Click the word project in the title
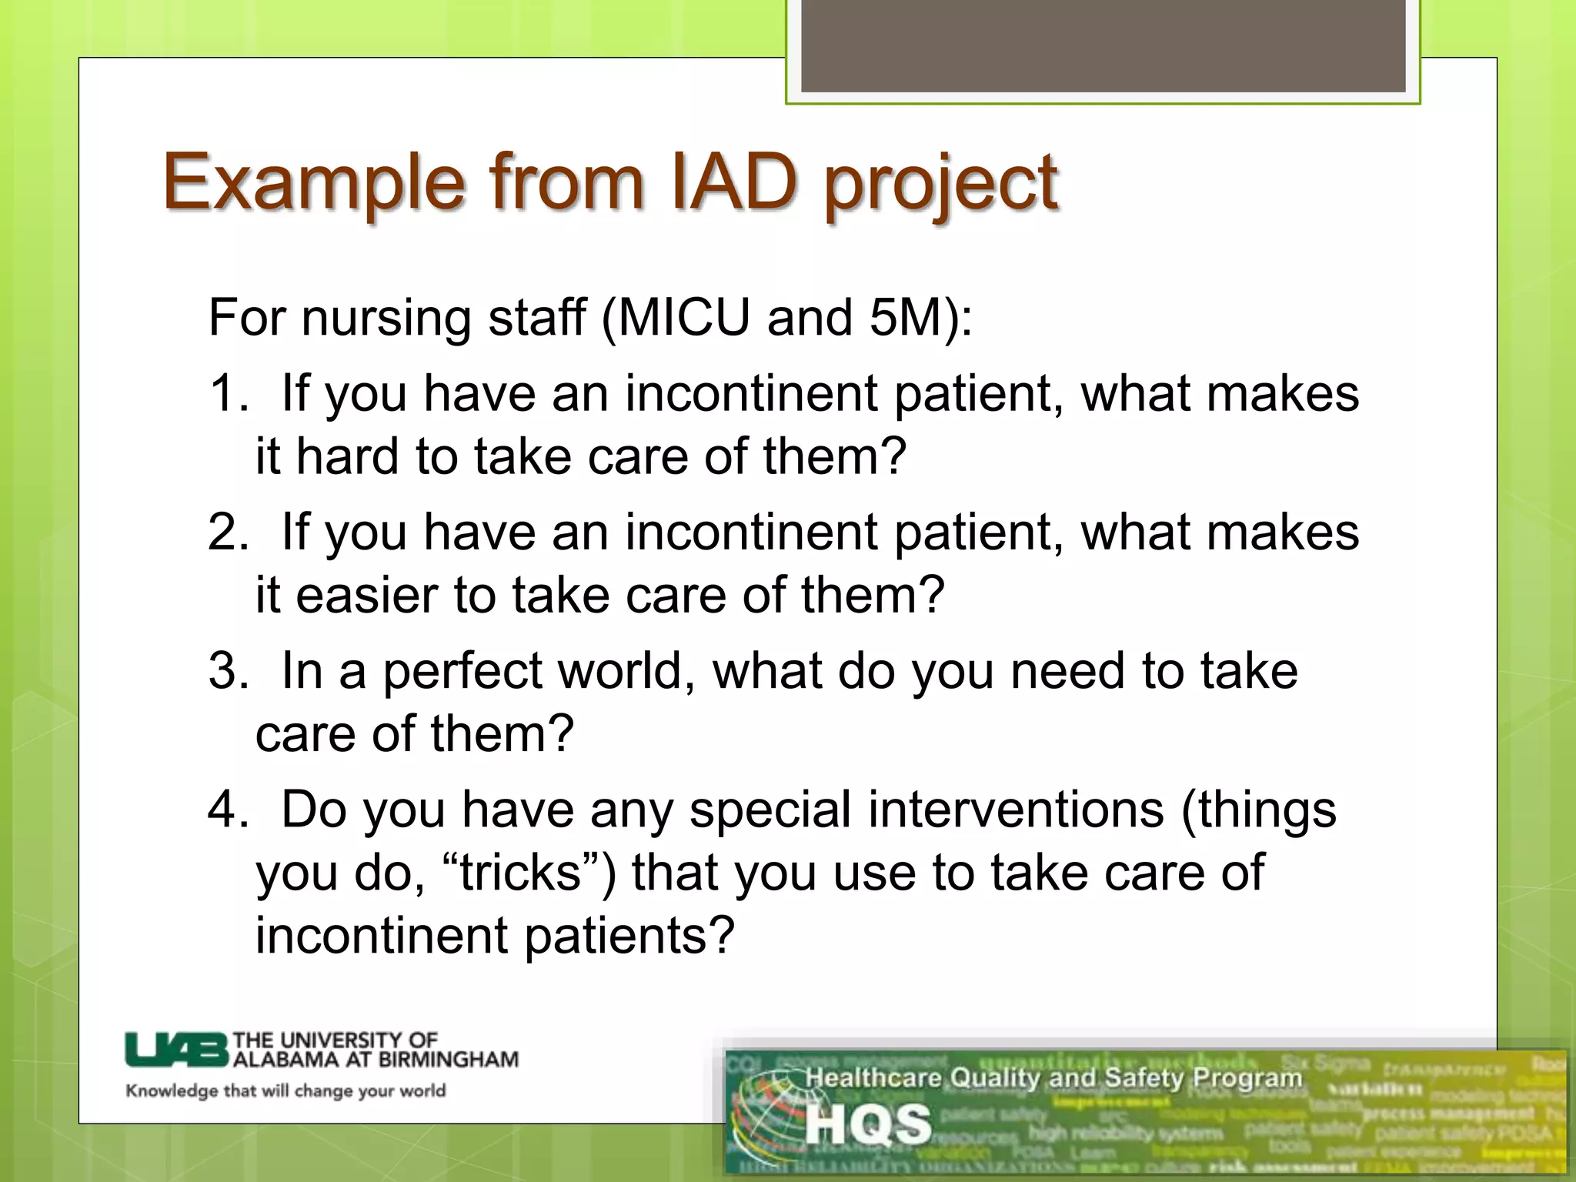coord(940,185)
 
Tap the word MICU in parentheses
coord(683,317)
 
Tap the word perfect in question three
coord(462,671)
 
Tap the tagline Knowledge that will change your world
coord(285,1091)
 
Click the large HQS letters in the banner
coord(868,1124)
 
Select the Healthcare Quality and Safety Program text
coord(1053,1078)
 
